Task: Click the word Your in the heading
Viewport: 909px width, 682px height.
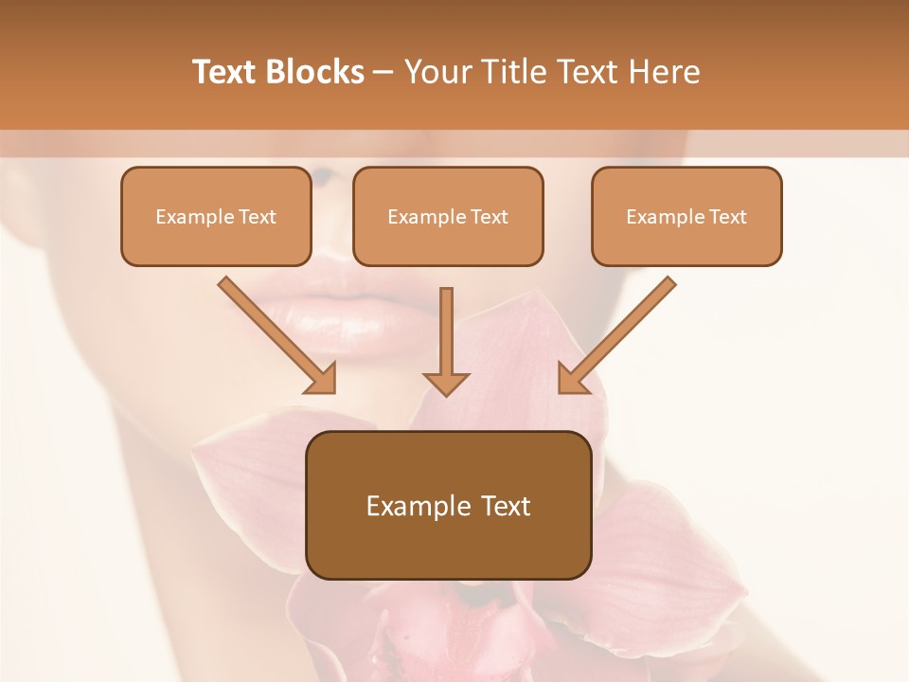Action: pyautogui.click(x=437, y=72)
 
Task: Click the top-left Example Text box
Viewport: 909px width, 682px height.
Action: pyautogui.click(x=216, y=217)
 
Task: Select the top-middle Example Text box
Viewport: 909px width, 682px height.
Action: pyautogui.click(x=448, y=217)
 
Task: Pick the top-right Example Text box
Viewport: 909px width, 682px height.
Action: pyautogui.click(x=686, y=217)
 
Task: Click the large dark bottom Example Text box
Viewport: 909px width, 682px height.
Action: pyautogui.click(x=448, y=505)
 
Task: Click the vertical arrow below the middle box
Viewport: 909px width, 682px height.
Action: pyautogui.click(x=446, y=336)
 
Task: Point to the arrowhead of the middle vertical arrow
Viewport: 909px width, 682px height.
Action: pyautogui.click(x=446, y=382)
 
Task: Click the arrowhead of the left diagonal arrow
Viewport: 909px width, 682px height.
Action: pyautogui.click(x=322, y=379)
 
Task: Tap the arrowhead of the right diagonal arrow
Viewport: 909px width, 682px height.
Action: pyautogui.click(x=572, y=379)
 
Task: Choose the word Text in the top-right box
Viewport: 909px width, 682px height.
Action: pyautogui.click(x=728, y=217)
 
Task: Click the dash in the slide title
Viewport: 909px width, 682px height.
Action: pyautogui.click(x=383, y=73)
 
